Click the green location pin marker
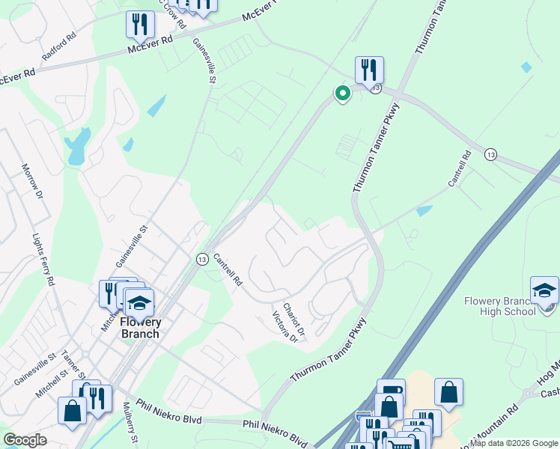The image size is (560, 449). pos(342,94)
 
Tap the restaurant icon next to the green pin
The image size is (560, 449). pos(369,70)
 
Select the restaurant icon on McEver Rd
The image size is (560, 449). pos(140,25)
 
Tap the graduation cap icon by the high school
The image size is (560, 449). pos(544,290)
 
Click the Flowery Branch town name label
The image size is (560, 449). pos(141,328)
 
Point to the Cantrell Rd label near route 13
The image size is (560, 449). pos(228,271)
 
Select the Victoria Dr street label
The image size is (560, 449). pos(284,327)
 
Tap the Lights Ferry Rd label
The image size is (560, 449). pos(43,260)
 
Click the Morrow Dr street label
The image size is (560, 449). pos(31,182)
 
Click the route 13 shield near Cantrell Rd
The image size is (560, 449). pos(202,259)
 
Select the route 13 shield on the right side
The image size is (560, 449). pos(490,153)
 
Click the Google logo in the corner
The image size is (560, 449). pos(25,440)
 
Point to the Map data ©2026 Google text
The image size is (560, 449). pos(514,443)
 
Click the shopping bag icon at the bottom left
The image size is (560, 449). pos(73,411)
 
